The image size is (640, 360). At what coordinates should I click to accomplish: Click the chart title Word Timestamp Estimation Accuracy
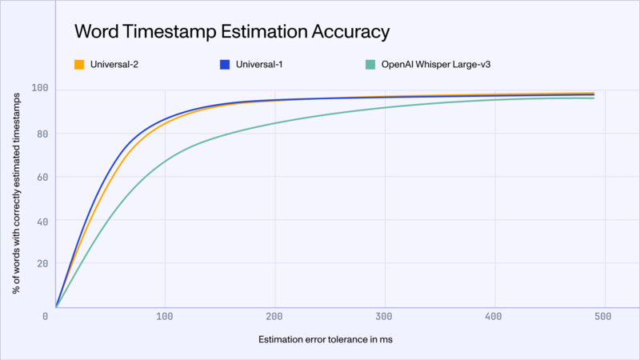pos(232,32)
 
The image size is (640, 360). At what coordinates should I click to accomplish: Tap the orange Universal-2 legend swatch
pos(79,64)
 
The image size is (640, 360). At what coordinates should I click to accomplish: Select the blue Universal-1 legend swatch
pos(225,64)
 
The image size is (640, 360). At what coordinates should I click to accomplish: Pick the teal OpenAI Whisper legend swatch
pos(370,64)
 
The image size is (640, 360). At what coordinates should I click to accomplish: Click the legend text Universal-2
pos(114,64)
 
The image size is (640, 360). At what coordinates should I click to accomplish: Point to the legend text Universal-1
pos(260,64)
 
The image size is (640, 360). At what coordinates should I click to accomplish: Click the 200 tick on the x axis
pos(276,317)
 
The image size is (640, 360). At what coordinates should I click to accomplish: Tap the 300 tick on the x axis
pos(386,317)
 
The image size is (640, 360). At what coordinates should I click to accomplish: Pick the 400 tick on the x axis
pos(495,317)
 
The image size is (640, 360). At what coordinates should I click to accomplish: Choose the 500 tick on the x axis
pos(604,317)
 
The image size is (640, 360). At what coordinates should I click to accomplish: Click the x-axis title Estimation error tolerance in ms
pos(326,340)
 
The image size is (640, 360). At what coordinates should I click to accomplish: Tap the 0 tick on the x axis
pos(46,317)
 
